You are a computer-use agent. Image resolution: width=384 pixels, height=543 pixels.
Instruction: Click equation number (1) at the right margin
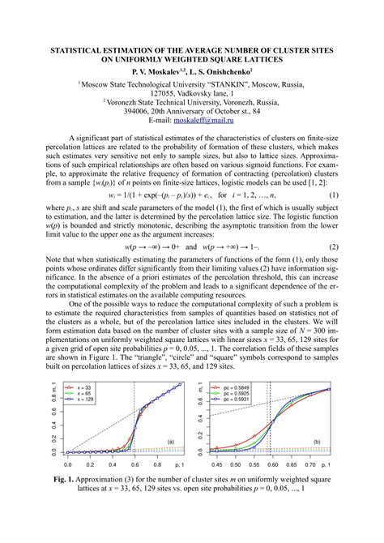333,195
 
